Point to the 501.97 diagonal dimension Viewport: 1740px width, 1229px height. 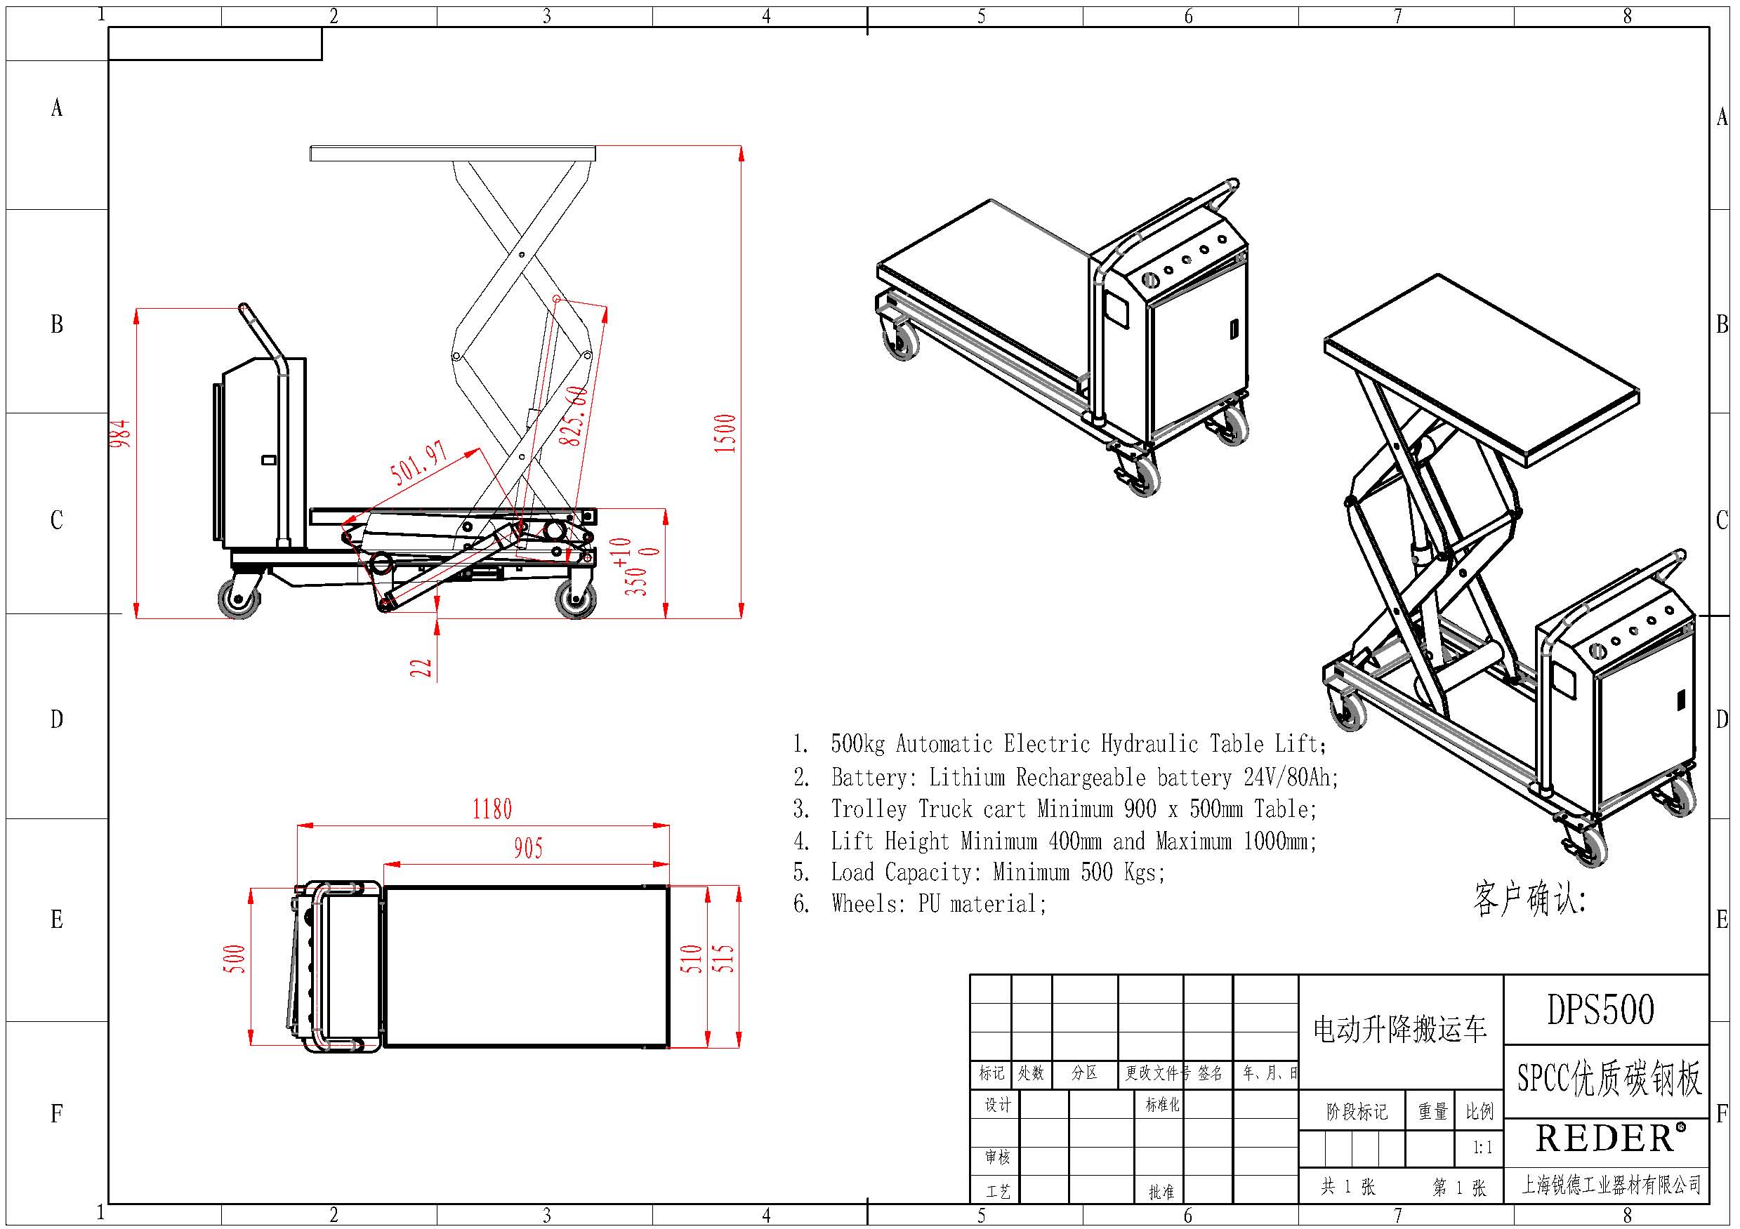point(418,463)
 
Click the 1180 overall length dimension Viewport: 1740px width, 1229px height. point(492,810)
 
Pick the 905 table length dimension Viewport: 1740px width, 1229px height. point(528,849)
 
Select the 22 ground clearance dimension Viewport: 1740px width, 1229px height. point(421,667)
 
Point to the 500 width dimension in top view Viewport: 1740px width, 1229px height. point(236,959)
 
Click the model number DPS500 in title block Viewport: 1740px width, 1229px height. point(1600,1010)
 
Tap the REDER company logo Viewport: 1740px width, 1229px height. point(1606,1139)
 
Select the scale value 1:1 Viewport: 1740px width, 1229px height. point(1482,1147)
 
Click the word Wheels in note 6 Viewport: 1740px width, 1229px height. point(862,904)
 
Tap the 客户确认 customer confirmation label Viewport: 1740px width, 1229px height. point(1529,899)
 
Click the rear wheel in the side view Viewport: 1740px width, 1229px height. point(239,600)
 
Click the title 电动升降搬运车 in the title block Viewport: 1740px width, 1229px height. point(1399,1030)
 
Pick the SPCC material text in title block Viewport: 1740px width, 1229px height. point(1543,1078)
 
